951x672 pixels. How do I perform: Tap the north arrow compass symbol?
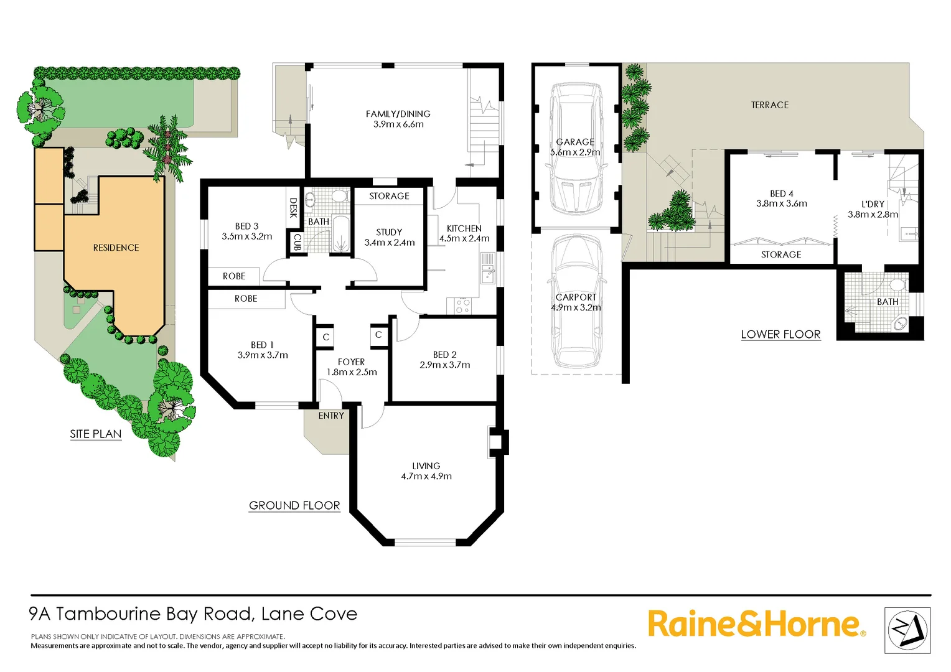click(907, 630)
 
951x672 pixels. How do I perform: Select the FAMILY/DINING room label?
click(398, 114)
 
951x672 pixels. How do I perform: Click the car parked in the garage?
click(576, 149)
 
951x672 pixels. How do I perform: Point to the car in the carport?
click(576, 302)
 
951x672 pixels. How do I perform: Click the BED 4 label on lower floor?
click(781, 194)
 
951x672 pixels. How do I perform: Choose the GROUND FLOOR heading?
click(294, 506)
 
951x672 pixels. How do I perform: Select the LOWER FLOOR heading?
click(780, 335)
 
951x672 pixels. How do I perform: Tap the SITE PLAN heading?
click(95, 434)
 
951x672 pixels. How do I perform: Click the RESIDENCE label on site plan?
click(116, 248)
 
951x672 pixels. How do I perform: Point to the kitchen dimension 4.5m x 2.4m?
click(464, 238)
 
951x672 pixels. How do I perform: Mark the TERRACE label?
click(769, 105)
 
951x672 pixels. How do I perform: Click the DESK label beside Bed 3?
click(293, 208)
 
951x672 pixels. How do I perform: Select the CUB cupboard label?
click(297, 241)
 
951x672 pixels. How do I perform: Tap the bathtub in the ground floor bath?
click(340, 235)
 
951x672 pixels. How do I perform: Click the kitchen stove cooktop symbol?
click(462, 306)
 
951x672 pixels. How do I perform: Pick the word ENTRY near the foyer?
click(331, 416)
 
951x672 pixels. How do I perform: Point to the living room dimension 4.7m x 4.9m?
click(426, 477)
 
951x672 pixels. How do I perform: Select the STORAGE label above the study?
click(389, 196)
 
